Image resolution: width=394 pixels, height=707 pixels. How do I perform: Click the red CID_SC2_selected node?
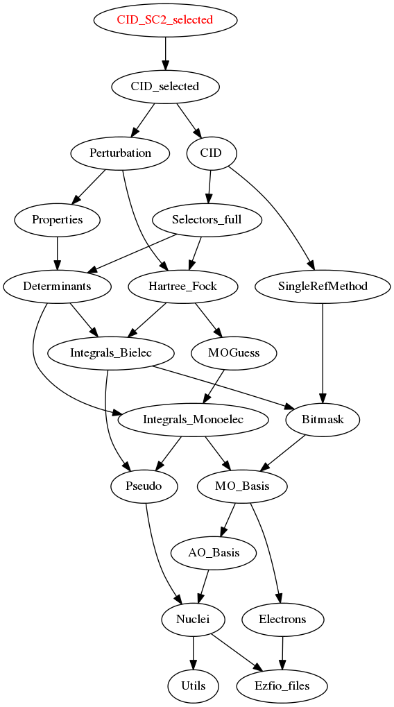(x=165, y=20)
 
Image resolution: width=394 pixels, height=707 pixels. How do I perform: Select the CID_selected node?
(x=165, y=86)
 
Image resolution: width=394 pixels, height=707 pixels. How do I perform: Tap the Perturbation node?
(x=120, y=153)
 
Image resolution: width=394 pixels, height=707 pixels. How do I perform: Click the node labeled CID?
(x=211, y=153)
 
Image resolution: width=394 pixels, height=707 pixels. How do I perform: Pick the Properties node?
(x=58, y=219)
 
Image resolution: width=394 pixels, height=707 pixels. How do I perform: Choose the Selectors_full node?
(x=207, y=219)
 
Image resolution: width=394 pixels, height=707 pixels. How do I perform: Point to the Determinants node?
(x=58, y=287)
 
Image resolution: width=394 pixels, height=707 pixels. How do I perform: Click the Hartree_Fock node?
(x=182, y=287)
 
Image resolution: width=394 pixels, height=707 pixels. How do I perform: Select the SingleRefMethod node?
(x=323, y=287)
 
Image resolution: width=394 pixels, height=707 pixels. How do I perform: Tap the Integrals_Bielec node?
(x=111, y=353)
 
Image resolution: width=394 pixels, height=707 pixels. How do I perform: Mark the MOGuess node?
(x=234, y=353)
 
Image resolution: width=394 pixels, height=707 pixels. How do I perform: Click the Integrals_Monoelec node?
(x=194, y=420)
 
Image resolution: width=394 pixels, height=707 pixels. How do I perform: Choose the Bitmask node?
(x=323, y=420)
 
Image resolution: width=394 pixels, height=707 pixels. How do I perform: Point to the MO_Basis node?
(x=243, y=486)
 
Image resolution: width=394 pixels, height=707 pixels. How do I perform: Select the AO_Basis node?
(x=214, y=553)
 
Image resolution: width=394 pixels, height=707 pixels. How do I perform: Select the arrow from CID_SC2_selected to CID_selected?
(x=165, y=53)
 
